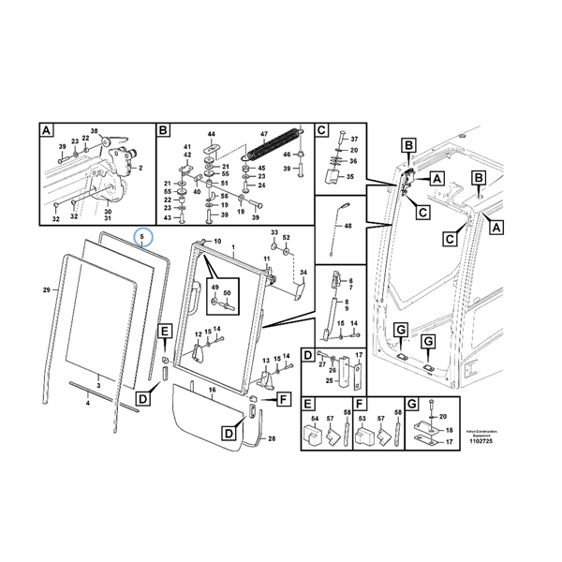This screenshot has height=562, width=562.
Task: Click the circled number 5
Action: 143,238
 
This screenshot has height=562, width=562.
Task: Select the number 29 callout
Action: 45,292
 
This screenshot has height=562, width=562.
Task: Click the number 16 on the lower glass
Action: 212,389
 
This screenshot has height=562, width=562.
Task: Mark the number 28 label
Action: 272,438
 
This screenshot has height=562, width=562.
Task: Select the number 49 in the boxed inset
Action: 214,287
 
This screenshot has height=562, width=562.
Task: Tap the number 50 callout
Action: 227,293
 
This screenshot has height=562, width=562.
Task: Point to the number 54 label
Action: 314,419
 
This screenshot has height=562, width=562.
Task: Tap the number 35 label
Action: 352,175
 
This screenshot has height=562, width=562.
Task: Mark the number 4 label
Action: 88,403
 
